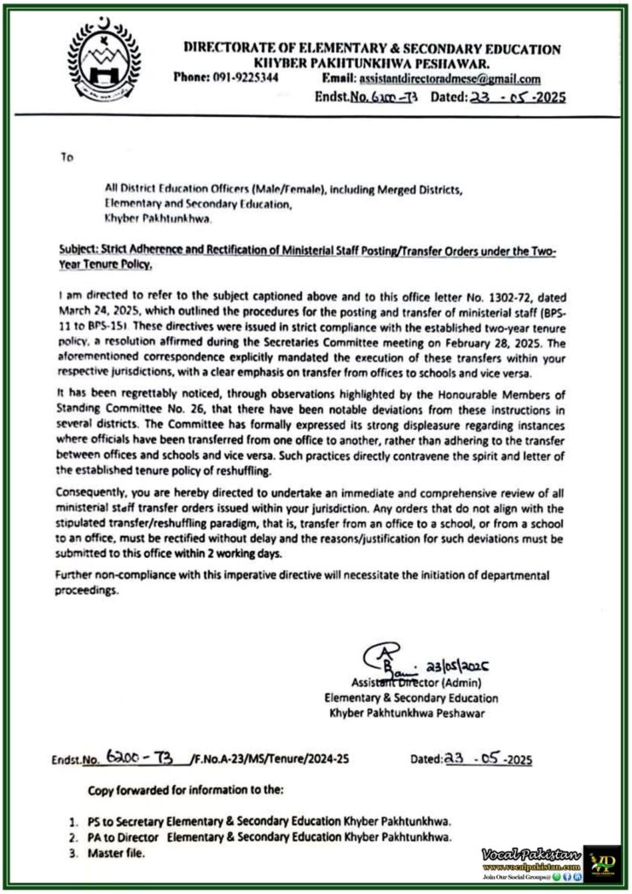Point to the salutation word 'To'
click(x=67, y=158)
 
